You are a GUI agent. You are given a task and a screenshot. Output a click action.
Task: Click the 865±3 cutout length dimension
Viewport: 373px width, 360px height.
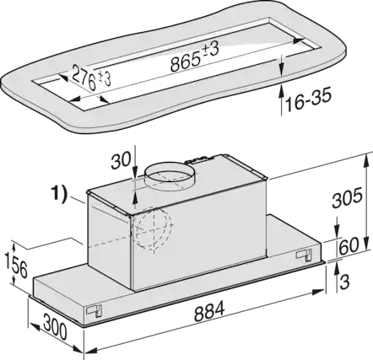[195, 57]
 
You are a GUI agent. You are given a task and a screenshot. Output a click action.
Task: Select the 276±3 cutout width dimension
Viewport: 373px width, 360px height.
[91, 78]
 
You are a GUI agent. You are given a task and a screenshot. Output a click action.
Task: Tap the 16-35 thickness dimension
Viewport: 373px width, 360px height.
[308, 99]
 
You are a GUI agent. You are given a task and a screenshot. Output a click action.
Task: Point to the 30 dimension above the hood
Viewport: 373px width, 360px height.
[121, 160]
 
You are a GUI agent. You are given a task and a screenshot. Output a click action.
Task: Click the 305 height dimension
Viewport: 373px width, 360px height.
[347, 198]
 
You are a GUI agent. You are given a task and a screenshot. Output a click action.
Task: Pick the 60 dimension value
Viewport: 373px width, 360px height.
[349, 245]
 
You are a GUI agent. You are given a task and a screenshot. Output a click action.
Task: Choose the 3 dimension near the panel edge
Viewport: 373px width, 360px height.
[344, 282]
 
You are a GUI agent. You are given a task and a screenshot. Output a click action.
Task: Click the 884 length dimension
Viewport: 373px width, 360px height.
[209, 310]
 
